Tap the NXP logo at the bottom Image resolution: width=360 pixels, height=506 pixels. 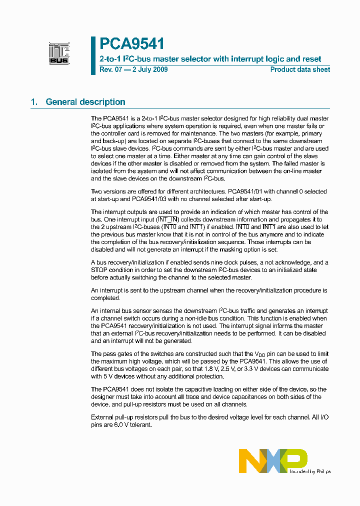273,460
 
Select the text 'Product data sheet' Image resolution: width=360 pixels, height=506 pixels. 300,69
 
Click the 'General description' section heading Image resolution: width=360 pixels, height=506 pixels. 85,102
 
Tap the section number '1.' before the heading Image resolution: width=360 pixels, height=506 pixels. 34,102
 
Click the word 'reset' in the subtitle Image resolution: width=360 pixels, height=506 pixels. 311,59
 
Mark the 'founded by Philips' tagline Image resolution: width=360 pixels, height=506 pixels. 310,471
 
